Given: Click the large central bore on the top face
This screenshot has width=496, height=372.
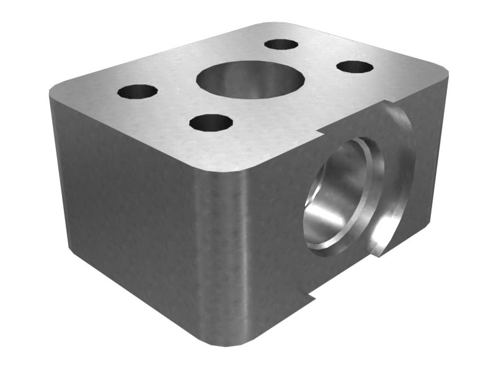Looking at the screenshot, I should pyautogui.click(x=250, y=79).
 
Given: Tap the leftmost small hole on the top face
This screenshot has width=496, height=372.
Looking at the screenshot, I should pyautogui.click(x=137, y=91).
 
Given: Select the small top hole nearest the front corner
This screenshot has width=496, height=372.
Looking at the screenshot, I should pyautogui.click(x=211, y=122).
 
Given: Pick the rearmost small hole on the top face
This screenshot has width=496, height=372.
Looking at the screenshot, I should pyautogui.click(x=281, y=44).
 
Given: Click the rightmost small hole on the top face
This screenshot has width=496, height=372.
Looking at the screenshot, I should pyautogui.click(x=355, y=66).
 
